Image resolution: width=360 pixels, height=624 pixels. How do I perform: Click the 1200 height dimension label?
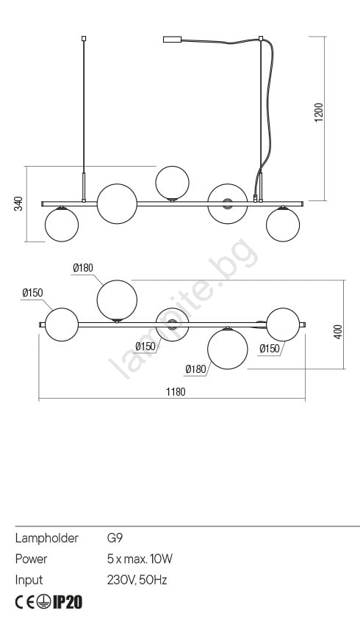(319, 112)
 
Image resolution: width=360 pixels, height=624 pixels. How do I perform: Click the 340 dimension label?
(18, 203)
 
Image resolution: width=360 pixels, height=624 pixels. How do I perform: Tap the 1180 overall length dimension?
(176, 392)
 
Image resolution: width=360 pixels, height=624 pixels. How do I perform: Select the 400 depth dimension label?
(338, 332)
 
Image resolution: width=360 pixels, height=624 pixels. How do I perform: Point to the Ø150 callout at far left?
(32, 293)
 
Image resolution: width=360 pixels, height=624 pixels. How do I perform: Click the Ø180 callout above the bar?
(83, 268)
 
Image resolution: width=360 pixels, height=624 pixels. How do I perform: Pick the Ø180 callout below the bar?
(196, 369)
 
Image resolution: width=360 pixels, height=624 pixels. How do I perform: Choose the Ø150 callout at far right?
(270, 349)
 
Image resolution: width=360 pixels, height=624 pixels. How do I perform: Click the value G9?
(115, 538)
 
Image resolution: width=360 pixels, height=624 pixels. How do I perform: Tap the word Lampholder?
(47, 538)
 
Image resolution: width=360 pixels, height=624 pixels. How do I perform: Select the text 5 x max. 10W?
(140, 559)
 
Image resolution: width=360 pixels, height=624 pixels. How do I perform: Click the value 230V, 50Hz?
(137, 580)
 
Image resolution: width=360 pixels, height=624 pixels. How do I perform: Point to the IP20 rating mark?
(68, 602)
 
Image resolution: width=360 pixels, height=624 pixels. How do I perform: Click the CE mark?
(25, 603)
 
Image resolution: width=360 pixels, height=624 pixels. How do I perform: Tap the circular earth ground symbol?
(44, 603)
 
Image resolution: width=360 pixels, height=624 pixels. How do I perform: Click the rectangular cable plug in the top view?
(173, 39)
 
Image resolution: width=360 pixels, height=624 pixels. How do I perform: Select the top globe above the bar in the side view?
(173, 183)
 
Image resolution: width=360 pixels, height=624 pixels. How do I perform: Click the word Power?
(31, 559)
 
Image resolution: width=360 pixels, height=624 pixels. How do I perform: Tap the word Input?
(29, 580)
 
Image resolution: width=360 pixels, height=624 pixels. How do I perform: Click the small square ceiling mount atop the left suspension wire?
(84, 39)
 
